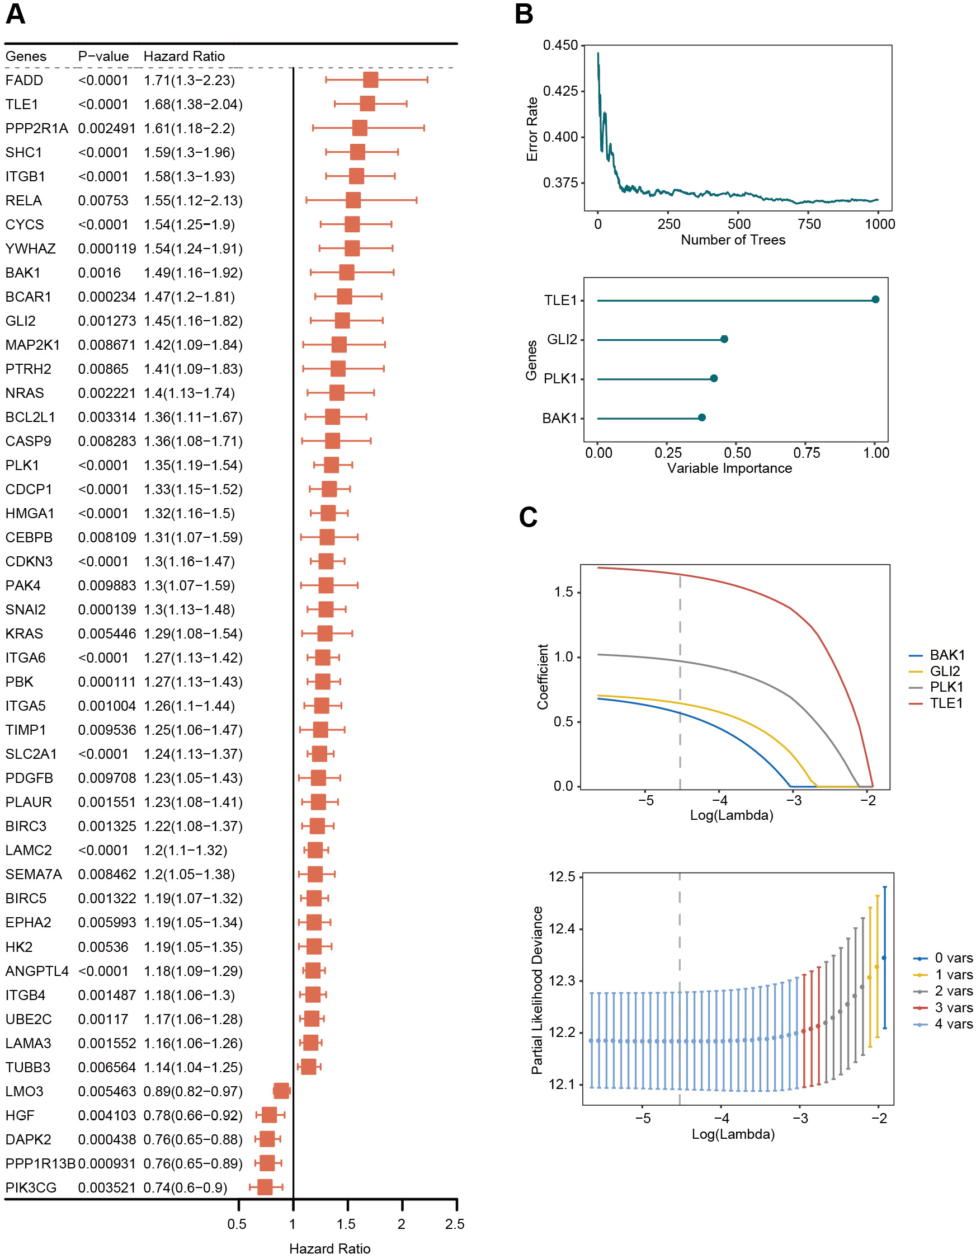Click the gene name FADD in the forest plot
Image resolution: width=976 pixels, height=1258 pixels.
coord(24,80)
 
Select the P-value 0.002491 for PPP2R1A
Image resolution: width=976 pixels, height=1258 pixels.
coord(106,129)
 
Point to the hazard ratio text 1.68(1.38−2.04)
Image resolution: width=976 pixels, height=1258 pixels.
coord(193,104)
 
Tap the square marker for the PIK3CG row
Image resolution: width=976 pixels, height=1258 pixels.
coord(265,1186)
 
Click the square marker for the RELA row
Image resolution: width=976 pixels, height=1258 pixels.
coord(353,200)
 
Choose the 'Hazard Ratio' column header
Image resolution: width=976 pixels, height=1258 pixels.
coord(183,57)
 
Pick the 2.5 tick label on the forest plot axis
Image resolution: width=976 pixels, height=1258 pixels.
coord(454,1223)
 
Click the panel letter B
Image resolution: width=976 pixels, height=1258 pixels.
coord(524,14)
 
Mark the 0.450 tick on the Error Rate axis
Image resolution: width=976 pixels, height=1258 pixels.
coord(560,45)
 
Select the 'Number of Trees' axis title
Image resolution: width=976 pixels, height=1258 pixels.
coord(733,240)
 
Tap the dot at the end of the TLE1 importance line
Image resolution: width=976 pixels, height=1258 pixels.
coord(875,299)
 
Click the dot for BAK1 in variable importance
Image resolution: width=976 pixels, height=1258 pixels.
coord(701,417)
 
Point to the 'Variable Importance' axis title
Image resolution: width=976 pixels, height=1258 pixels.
coord(729,468)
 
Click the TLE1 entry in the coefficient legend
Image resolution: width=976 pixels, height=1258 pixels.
coord(945,703)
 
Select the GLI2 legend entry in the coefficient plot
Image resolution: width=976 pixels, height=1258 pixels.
coord(944,671)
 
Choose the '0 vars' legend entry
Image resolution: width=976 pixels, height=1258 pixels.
coord(953,958)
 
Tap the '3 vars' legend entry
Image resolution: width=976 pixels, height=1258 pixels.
coord(953,1007)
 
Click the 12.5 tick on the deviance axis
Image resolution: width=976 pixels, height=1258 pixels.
coord(562,877)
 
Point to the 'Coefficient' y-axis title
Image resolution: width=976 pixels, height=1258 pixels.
coord(543,676)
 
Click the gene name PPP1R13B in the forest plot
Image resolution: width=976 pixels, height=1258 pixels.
coord(40,1163)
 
